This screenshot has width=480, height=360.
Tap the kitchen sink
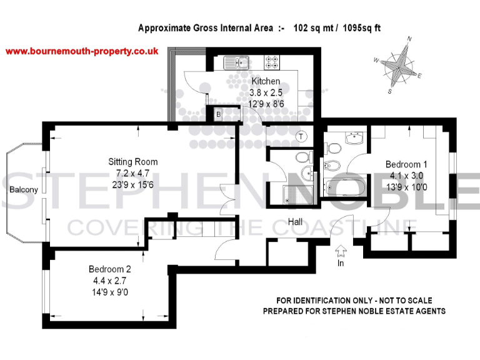[x=236, y=62]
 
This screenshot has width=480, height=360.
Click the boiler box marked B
[x=218, y=114]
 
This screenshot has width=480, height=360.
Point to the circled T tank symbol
[x=302, y=136]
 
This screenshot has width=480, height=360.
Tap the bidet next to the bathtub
[x=332, y=166]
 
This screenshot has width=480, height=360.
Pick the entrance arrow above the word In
[x=341, y=251]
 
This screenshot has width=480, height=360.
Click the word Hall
[x=296, y=222]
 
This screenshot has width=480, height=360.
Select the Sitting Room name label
[x=132, y=162]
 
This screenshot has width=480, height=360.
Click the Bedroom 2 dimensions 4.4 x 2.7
[x=110, y=281]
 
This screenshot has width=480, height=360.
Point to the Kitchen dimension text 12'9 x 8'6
[x=266, y=101]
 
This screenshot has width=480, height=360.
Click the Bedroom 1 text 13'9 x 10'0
[x=407, y=186]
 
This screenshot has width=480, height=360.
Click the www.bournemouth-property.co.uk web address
[x=82, y=51]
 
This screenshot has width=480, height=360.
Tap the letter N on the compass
[x=409, y=39]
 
